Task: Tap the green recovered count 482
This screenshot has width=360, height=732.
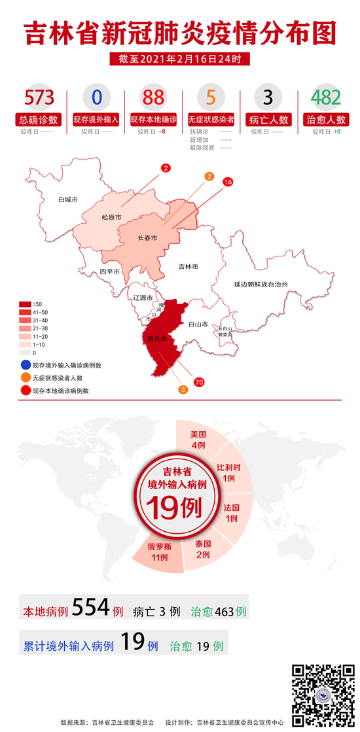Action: tap(326, 97)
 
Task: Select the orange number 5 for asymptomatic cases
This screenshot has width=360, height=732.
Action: tap(210, 97)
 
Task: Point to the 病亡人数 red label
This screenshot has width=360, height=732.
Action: tap(268, 120)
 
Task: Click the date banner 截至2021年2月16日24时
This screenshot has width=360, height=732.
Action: tap(180, 59)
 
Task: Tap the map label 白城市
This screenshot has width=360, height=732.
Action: tap(67, 199)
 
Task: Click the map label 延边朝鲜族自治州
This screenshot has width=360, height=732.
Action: tap(261, 284)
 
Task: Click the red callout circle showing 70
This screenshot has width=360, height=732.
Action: tap(198, 381)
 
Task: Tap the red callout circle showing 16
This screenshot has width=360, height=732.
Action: tap(228, 183)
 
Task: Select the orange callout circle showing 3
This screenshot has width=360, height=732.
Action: tap(183, 390)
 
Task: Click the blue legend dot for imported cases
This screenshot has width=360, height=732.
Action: tap(24, 364)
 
